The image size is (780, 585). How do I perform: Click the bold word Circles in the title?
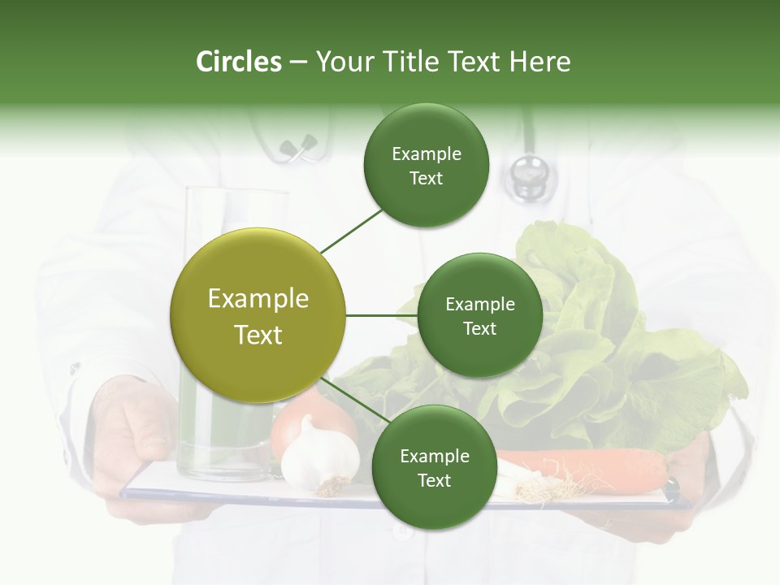pyautogui.click(x=238, y=62)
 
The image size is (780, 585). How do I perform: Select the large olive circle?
pyautogui.click(x=258, y=315)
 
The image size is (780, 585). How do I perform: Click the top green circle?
pyautogui.click(x=426, y=165)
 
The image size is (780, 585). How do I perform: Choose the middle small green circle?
pyautogui.click(x=479, y=315)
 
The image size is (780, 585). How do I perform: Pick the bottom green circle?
pyautogui.click(x=434, y=467)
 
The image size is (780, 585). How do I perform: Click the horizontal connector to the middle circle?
pyautogui.click(x=381, y=315)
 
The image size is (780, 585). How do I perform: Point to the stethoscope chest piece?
pyautogui.click(x=528, y=175)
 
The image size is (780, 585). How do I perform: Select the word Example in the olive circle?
pyautogui.click(x=258, y=299)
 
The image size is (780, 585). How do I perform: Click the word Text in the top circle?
pyautogui.click(x=426, y=179)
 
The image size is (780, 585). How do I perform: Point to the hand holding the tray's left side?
pyautogui.click(x=134, y=439)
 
